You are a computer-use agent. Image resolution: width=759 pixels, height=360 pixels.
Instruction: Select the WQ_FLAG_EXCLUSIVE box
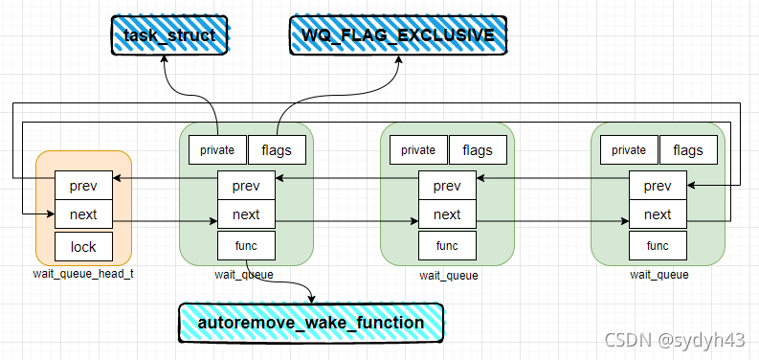[398, 35]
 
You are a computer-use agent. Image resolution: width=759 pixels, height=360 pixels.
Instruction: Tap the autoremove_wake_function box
[310, 323]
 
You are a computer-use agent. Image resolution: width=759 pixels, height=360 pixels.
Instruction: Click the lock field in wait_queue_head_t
[83, 246]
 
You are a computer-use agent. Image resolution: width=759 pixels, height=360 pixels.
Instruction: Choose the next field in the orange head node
[83, 214]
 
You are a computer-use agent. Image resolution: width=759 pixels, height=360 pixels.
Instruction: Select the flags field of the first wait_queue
[277, 149]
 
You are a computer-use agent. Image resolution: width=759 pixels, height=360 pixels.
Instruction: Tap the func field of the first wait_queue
[246, 245]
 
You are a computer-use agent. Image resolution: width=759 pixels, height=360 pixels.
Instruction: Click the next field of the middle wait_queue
[447, 214]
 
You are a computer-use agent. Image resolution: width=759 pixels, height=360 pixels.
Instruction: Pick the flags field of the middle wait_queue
[478, 149]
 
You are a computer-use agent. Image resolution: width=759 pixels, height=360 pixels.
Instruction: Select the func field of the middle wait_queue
[447, 245]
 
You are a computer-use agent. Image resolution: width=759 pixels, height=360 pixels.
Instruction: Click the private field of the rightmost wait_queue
[629, 149]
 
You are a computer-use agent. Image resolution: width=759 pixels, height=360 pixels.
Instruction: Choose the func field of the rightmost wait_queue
[658, 245]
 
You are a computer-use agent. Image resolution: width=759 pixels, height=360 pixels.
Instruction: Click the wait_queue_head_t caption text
[83, 275]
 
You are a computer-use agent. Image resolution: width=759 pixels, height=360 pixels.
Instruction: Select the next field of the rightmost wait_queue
[658, 214]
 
